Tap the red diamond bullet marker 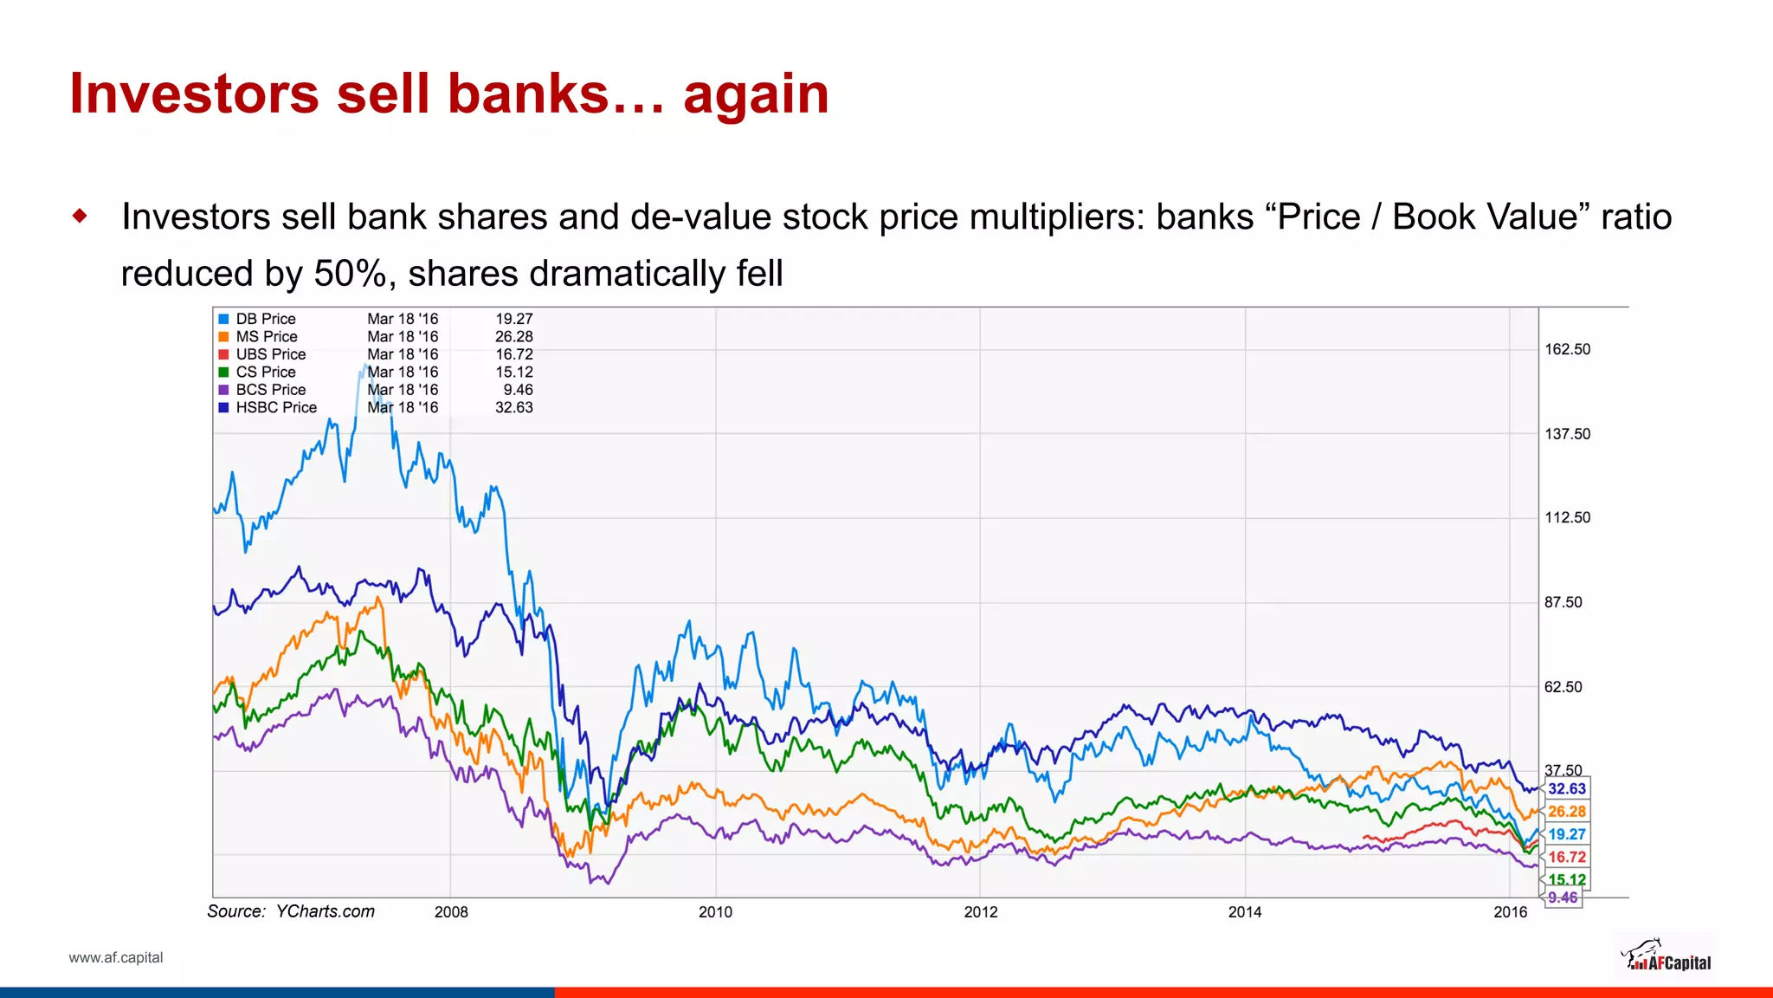[x=81, y=216]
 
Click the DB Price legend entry [x=265, y=319]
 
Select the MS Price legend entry [x=266, y=336]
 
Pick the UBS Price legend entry [x=270, y=354]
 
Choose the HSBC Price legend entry [x=276, y=407]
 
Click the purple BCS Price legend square [x=223, y=390]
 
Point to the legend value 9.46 [x=518, y=390]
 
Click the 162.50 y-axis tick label [x=1567, y=349]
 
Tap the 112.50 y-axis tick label [x=1567, y=517]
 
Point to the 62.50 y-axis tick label [x=1563, y=687]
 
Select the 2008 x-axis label [x=451, y=911]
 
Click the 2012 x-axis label [x=981, y=911]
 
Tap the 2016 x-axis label [x=1511, y=911]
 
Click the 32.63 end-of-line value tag [x=1567, y=788]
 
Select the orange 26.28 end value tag [x=1567, y=812]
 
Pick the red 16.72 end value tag [x=1567, y=857]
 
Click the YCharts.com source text [x=325, y=911]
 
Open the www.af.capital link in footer [x=116, y=957]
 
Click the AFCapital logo [x=1666, y=957]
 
